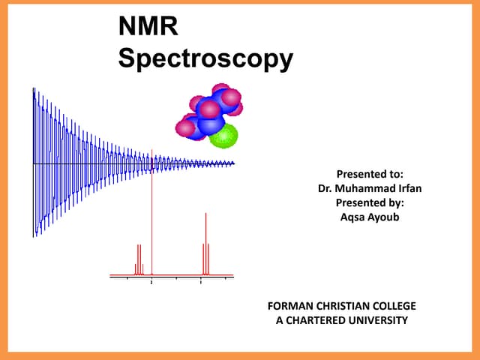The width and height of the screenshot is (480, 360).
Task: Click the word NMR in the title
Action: [x=148, y=29]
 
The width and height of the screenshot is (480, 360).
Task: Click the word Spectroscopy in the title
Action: [x=205, y=59]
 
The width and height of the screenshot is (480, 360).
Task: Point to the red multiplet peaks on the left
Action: [x=139, y=259]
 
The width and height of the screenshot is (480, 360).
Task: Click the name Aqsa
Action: [x=352, y=217]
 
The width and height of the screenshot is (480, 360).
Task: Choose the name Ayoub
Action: [x=383, y=217]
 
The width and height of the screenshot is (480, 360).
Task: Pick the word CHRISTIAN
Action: [x=342, y=306]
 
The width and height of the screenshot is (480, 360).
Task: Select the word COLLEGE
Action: [x=394, y=306]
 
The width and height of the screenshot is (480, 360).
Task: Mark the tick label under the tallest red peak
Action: [x=152, y=283]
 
